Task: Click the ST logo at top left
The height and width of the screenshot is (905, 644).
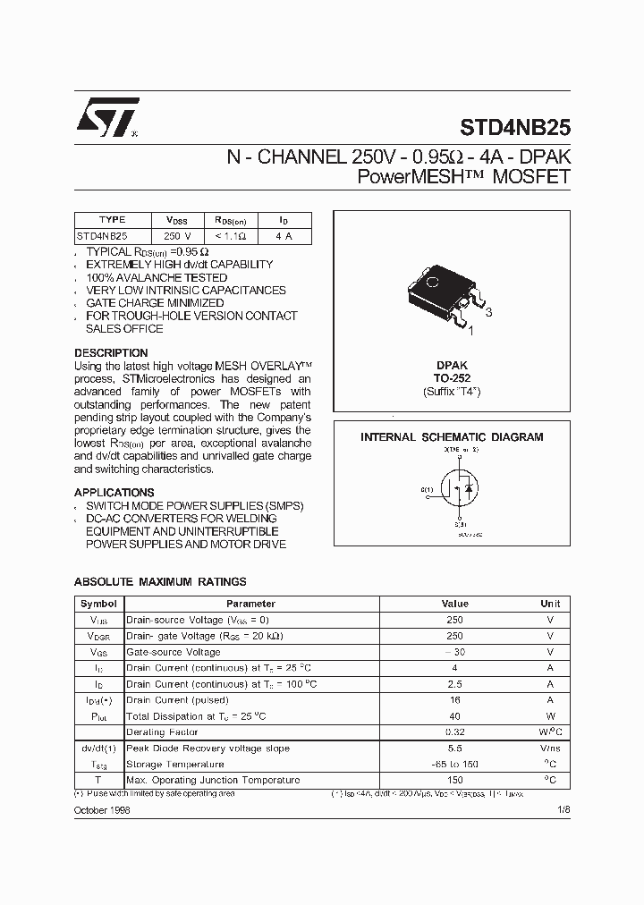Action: point(106,116)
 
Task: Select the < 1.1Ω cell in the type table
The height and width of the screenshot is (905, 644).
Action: point(231,236)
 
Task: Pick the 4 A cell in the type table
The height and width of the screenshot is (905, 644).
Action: point(284,236)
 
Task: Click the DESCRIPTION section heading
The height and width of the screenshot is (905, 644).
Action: point(111,352)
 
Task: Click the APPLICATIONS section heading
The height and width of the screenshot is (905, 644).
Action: point(114,493)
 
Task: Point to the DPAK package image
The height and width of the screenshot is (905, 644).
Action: point(440,291)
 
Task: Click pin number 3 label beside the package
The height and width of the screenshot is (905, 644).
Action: point(488,312)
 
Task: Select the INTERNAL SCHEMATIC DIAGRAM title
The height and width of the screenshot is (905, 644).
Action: point(452,437)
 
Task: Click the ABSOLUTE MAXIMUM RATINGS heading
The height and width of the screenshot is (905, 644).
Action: point(160,582)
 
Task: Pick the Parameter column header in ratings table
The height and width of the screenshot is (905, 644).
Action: point(250,604)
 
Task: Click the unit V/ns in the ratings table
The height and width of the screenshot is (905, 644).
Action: point(550,749)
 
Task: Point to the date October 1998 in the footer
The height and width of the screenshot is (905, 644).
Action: point(102,809)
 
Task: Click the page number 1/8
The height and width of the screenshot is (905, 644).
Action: point(561,809)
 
